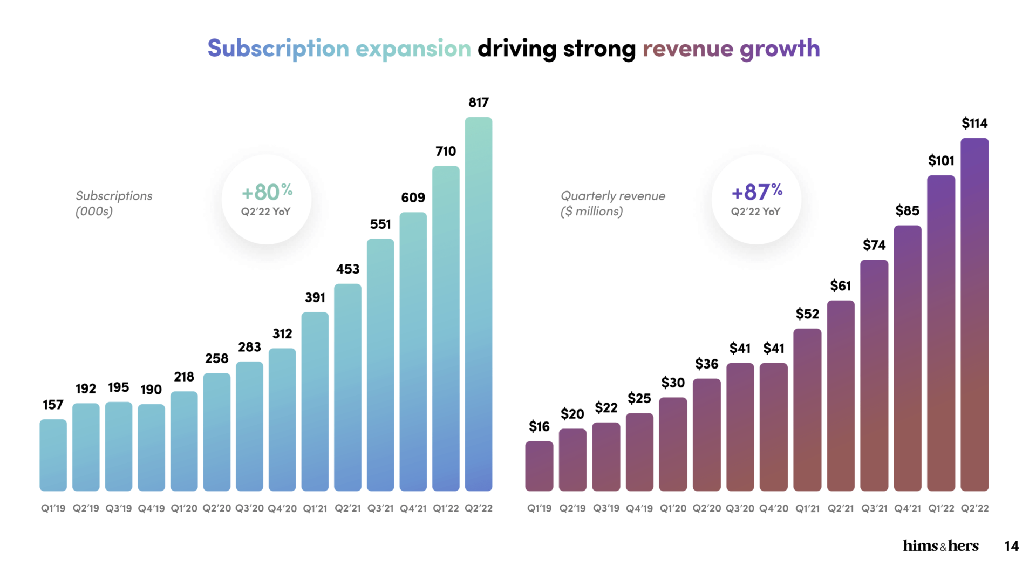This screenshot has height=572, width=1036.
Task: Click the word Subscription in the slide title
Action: pyautogui.click(x=278, y=49)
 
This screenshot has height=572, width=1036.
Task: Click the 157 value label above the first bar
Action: pyautogui.click(x=53, y=405)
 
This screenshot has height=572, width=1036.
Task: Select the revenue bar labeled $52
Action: pyautogui.click(x=807, y=410)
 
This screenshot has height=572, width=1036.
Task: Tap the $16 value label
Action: pyautogui.click(x=539, y=427)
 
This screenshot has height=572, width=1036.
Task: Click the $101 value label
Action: pyautogui.click(x=941, y=161)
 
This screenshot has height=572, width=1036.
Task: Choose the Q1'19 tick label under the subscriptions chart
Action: pyautogui.click(x=53, y=508)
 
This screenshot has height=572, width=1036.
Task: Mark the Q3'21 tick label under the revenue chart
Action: pyautogui.click(x=874, y=508)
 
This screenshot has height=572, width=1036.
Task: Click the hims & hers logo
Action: pyautogui.click(x=940, y=546)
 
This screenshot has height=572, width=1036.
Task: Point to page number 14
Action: pyautogui.click(x=1012, y=547)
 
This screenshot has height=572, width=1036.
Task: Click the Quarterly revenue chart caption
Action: pyautogui.click(x=613, y=203)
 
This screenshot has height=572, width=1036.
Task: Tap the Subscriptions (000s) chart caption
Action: pyautogui.click(x=114, y=203)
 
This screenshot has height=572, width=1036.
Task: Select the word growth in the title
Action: pyautogui.click(x=780, y=49)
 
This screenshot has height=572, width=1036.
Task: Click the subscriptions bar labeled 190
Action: pyautogui.click(x=151, y=447)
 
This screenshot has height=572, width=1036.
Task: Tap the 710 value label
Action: pyautogui.click(x=446, y=152)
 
